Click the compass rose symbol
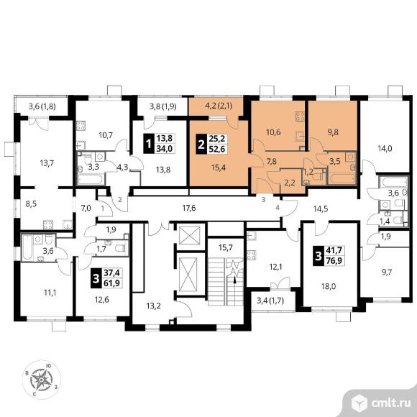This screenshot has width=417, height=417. point(42,380)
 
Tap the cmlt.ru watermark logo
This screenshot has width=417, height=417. point(381,403)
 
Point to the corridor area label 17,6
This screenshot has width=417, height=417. point(189,208)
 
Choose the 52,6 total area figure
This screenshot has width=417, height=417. point(217,150)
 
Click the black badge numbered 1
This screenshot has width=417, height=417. point(148,144)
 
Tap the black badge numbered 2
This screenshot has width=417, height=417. point(201,144)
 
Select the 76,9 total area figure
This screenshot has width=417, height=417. point(334,260)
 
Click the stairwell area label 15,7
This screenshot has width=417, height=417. point(226,247)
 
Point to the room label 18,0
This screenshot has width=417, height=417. point(329,286)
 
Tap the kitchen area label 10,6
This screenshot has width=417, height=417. point(273,132)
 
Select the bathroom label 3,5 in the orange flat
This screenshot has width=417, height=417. point(335,161)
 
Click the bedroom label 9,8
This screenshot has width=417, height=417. point(333,132)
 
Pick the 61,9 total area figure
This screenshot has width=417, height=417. point(112,283)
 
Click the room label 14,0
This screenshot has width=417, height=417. point(385,149)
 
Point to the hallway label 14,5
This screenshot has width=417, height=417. point(321,208)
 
